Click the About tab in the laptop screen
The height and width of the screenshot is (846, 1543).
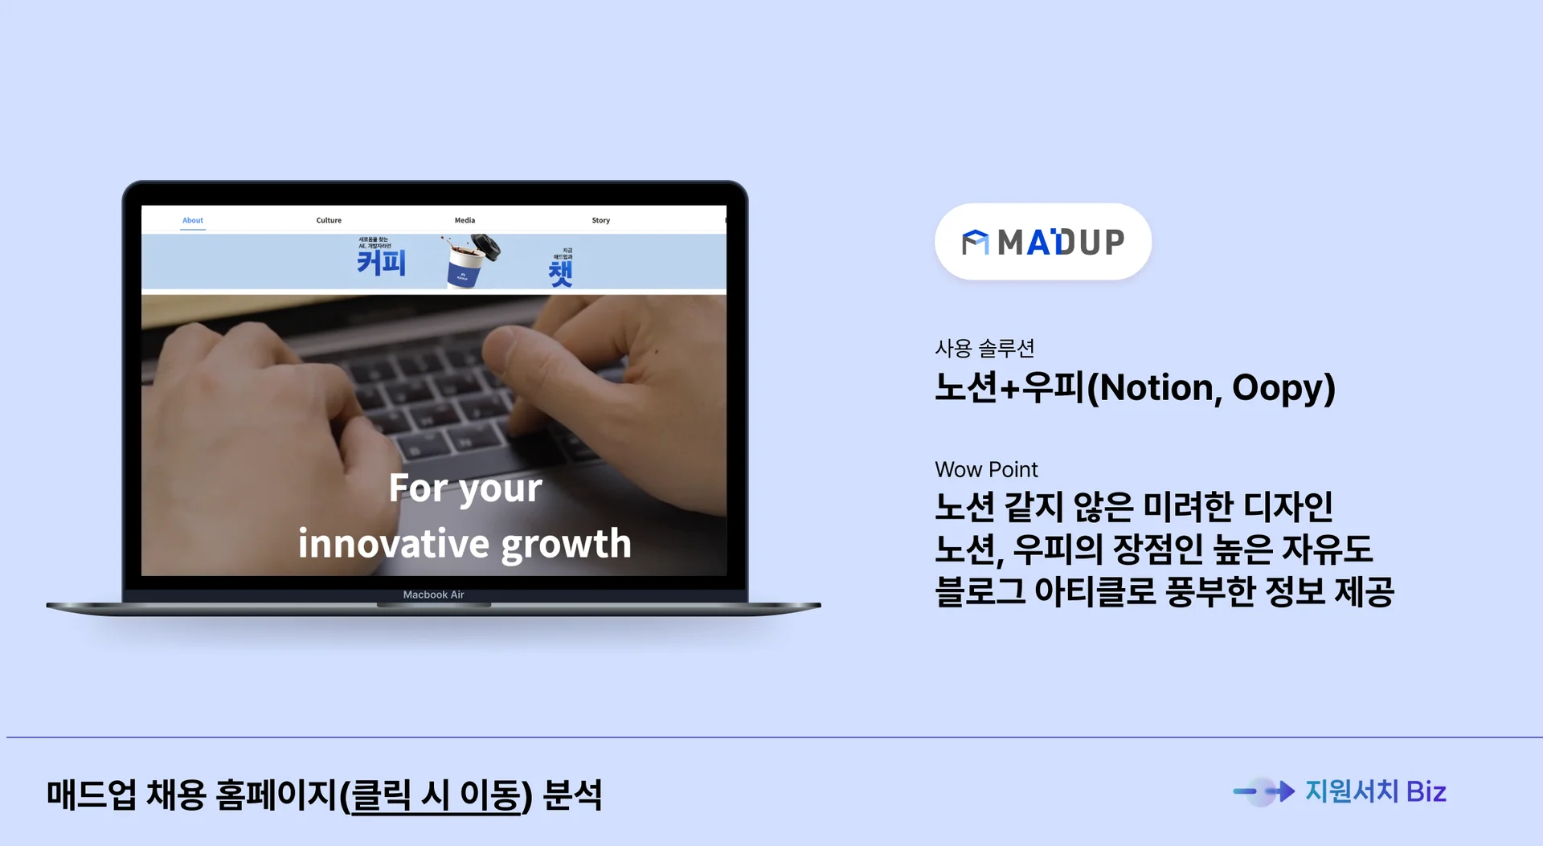point(193,220)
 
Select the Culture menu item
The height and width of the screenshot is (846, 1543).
point(329,220)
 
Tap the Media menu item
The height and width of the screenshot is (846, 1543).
point(465,220)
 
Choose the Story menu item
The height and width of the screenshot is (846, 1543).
point(601,220)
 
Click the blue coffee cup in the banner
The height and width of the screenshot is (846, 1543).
point(466,265)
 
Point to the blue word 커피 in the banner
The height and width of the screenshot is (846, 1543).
point(382,263)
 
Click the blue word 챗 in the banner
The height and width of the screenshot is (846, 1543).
point(560,273)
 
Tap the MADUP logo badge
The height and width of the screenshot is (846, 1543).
point(1043,242)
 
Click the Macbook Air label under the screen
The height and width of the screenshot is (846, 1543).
point(434,595)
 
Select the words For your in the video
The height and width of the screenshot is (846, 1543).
point(465,488)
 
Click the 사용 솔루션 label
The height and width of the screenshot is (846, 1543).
point(984,348)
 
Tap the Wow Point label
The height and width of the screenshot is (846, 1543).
point(986,469)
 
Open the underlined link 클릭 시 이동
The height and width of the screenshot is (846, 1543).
point(437,795)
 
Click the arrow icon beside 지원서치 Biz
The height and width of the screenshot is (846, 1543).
point(1264,791)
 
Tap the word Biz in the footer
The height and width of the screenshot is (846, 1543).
point(1426,792)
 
